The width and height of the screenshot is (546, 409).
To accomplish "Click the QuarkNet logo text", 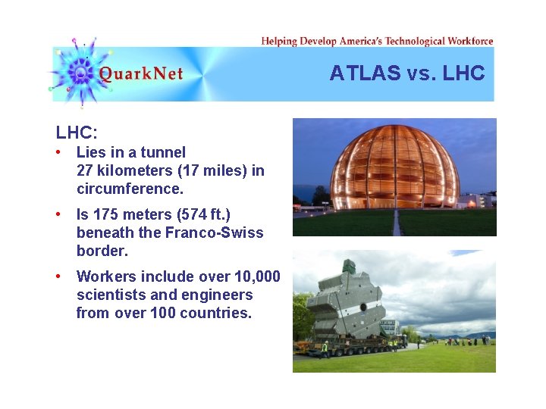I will coord(141,74).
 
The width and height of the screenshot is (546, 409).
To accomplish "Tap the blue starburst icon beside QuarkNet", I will coord(78,72).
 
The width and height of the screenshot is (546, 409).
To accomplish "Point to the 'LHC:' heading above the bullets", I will coord(77,133).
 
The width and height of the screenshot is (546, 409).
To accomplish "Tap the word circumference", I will coord(130,189).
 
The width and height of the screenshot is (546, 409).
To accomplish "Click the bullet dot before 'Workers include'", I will coord(58,276).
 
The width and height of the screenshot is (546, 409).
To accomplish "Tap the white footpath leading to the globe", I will coord(395,223).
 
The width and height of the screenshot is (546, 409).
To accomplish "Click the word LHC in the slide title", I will coord(463,73).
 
